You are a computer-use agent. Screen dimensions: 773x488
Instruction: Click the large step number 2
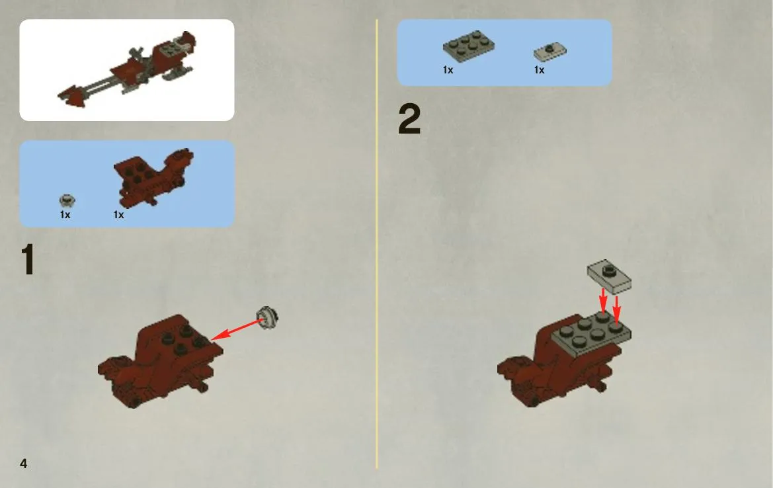409,119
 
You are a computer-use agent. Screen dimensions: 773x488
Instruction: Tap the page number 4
23,464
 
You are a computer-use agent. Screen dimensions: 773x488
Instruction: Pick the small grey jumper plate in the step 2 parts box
549,52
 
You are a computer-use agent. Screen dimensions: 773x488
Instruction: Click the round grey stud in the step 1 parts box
67,200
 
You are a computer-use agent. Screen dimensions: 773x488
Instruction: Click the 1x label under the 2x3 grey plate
448,70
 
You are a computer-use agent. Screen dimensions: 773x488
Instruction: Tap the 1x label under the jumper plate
540,70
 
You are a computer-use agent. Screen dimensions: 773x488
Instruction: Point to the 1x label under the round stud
65,214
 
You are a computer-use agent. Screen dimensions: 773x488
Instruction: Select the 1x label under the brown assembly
118,214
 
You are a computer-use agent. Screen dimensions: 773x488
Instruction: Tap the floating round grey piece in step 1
267,317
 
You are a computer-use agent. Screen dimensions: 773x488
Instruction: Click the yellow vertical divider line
377,244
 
